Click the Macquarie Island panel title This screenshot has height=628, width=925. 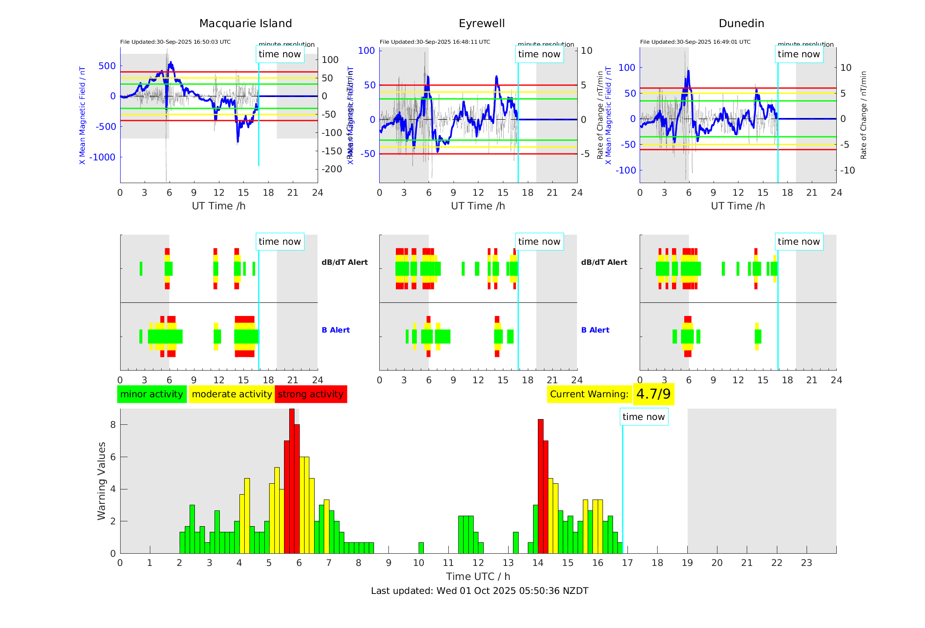246,24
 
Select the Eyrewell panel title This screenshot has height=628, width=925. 482,24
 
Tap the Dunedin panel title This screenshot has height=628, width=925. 741,24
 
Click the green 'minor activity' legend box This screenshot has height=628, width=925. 152,394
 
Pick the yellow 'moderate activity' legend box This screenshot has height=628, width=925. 232,394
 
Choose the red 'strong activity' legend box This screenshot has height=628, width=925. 311,394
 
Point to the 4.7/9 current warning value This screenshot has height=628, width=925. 653,394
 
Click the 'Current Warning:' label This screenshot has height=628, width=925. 589,394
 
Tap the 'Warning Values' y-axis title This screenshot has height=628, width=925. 101,481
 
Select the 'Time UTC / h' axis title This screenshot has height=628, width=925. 478,576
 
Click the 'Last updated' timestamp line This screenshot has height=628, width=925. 479,591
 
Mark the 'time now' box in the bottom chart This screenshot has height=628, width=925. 644,417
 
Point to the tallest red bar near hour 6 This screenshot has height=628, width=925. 292,481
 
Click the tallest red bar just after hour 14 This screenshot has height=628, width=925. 540,485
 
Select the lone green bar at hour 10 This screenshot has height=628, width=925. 421,548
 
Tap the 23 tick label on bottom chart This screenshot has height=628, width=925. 806,563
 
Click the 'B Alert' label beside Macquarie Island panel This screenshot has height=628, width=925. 336,330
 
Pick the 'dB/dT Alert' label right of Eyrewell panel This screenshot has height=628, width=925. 604,262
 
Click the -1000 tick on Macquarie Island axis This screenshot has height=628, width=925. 102,157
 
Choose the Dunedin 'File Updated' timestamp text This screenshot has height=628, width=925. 695,42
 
